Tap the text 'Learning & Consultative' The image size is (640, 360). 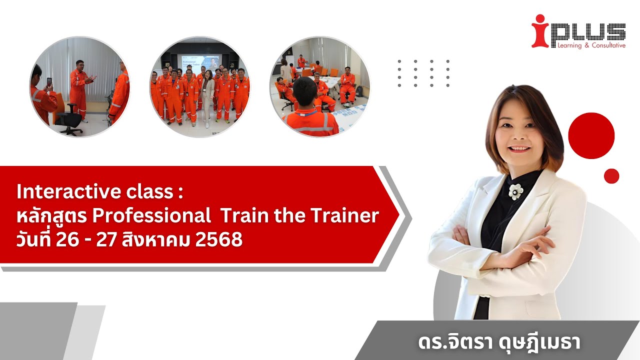tap(587, 45)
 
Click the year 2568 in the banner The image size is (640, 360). tap(219, 240)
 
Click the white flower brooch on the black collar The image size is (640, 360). tap(515, 191)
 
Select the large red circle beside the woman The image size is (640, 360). tap(591, 135)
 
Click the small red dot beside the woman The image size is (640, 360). tap(611, 176)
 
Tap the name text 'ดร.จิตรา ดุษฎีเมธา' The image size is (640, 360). tap(499, 343)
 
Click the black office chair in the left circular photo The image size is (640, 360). tap(69, 119)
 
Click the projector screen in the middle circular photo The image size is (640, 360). tap(200, 62)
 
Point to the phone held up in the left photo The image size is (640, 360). tap(48, 82)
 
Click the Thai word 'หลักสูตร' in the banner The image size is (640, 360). tap(52, 216)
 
